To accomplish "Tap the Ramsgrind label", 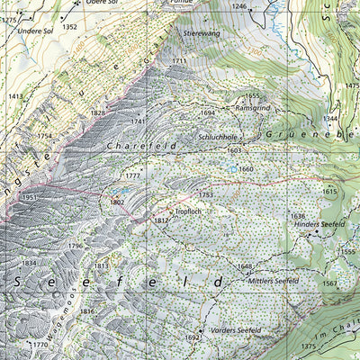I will coord(254,106).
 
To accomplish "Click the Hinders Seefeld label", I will coord(311,225).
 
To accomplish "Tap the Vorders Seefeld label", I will coord(235,330).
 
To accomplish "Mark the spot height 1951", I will coord(30,197).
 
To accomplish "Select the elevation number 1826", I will coord(98,113).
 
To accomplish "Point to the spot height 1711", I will coord(179,61).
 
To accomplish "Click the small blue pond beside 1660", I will coord(233,168).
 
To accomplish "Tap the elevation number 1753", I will coord(206,194).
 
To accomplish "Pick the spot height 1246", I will coord(238,6).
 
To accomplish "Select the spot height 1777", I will coord(132,175).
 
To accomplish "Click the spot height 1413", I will coord(16,96).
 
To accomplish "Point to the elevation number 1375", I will coord(309,346).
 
